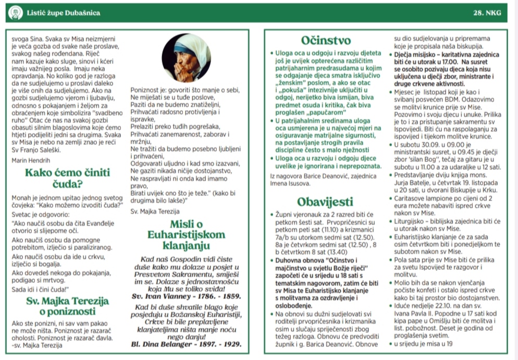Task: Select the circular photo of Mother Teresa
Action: (187, 58)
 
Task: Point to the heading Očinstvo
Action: (326, 40)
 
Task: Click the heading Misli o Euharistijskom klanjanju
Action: (186, 234)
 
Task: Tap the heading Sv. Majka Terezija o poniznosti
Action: (67, 306)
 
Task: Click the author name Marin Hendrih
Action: (32, 160)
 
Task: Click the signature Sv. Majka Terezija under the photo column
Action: (155, 211)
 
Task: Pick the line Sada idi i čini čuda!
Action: (40, 290)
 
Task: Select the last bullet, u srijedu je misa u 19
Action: (423, 344)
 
